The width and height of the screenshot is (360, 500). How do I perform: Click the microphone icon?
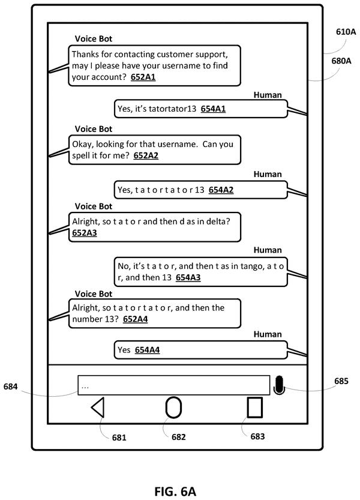click(278, 385)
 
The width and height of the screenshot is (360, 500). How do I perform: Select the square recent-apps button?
click(255, 407)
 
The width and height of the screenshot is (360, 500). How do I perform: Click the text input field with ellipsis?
click(174, 385)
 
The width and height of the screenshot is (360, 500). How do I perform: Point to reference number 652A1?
click(143, 77)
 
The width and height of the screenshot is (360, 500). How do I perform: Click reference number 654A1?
click(213, 109)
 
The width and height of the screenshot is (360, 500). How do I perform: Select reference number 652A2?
click(146, 155)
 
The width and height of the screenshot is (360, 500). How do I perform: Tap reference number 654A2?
click(221, 190)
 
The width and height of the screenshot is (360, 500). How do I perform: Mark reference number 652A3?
click(85, 233)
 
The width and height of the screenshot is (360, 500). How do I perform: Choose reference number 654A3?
click(188, 277)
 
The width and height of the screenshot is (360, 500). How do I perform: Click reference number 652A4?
click(135, 319)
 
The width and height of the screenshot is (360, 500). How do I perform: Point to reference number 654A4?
click(147, 350)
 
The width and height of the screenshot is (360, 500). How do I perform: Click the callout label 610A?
click(346, 32)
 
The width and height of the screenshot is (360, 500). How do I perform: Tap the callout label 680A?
click(341, 61)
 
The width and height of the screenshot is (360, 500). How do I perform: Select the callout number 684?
click(10, 387)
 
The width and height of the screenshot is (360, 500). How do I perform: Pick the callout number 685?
click(341, 381)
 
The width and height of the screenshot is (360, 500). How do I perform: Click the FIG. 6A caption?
click(175, 492)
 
